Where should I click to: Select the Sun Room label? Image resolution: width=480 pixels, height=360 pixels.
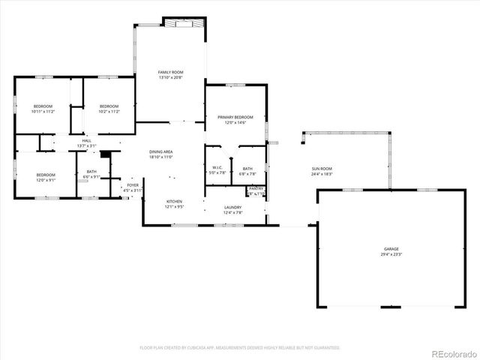tap(322, 169)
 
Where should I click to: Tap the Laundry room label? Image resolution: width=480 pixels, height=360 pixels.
tap(232, 208)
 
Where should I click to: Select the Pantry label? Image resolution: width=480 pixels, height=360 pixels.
tap(256, 189)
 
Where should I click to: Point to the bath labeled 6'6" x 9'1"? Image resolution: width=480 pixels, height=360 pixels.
tap(91, 174)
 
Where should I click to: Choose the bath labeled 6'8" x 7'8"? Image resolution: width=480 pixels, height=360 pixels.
tap(247, 171)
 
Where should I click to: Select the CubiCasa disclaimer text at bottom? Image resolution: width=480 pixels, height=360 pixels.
tap(240, 347)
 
